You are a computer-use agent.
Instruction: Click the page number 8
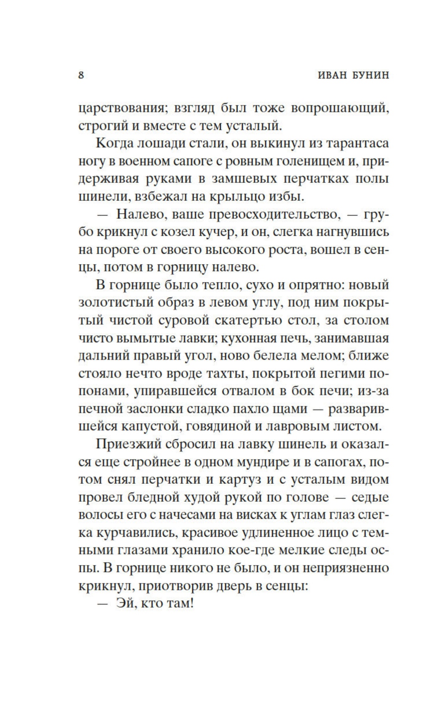click(x=81, y=75)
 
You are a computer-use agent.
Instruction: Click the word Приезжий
click(x=128, y=444)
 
